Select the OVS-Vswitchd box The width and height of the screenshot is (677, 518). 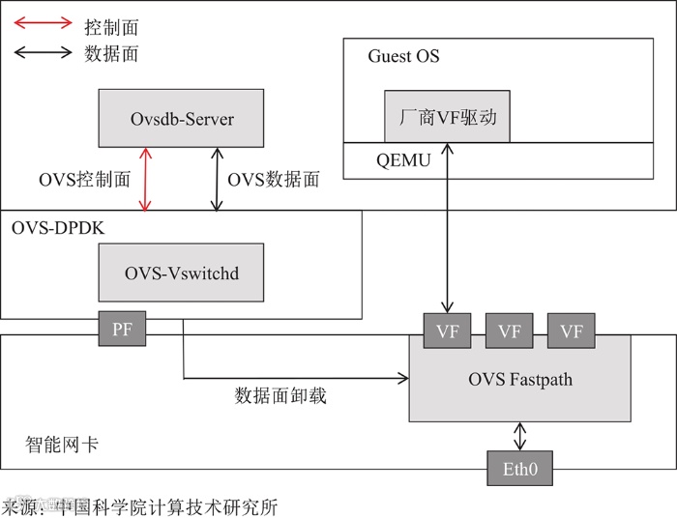[x=182, y=273]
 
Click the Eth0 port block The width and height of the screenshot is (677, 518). [x=519, y=472]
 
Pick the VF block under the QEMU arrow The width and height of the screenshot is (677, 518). [x=447, y=331]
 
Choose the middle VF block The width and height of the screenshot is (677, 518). [x=509, y=331]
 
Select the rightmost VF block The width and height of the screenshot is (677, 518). [x=572, y=331]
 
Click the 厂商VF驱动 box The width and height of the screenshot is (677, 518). [x=447, y=116]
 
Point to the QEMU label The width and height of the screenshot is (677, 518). [x=403, y=160]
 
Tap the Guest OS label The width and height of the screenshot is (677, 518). [x=403, y=56]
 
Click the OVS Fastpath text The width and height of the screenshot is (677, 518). [x=520, y=380]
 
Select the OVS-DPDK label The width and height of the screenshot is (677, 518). [x=57, y=228]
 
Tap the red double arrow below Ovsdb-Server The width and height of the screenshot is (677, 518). [x=145, y=179]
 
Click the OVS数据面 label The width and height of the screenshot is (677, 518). [x=273, y=179]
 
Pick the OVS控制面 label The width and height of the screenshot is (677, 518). [x=84, y=179]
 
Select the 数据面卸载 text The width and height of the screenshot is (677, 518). [x=280, y=394]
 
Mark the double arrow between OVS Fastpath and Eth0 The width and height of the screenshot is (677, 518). [x=520, y=436]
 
